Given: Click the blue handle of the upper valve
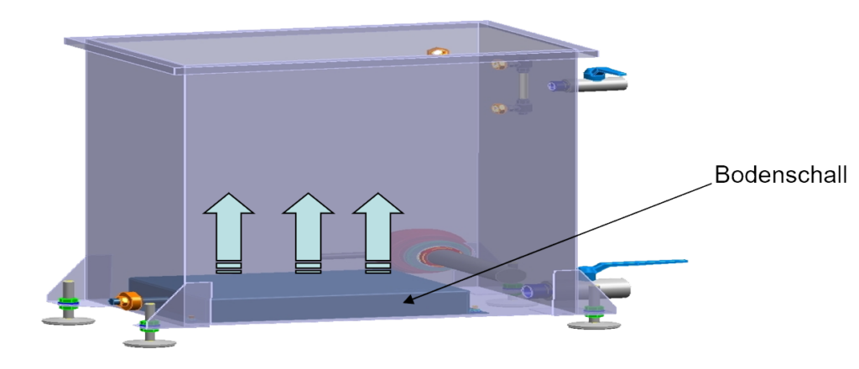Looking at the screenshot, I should pyautogui.click(x=601, y=75).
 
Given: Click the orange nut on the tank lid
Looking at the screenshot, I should pyautogui.click(x=437, y=52).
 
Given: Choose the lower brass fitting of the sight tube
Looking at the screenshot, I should pyautogui.click(x=498, y=107).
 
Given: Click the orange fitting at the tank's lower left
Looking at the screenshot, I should pyautogui.click(x=130, y=299).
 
